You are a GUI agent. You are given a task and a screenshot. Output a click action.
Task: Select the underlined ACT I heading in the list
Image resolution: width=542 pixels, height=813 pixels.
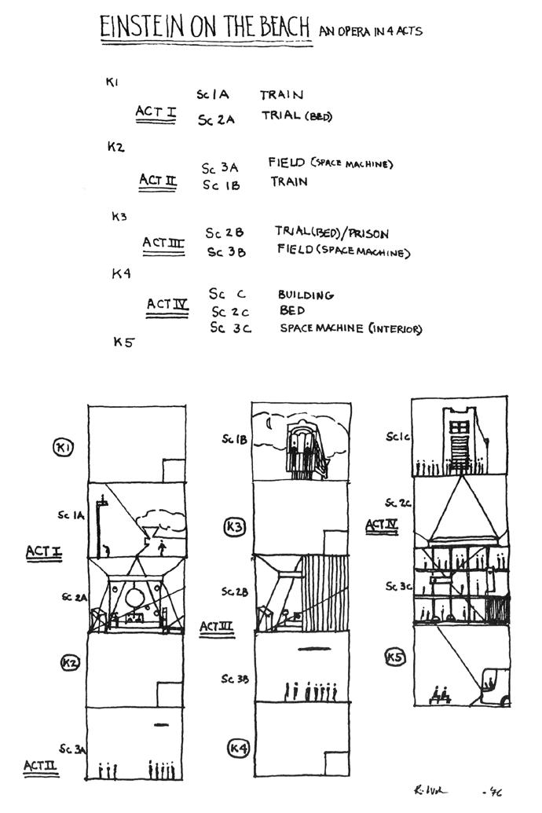[155, 112]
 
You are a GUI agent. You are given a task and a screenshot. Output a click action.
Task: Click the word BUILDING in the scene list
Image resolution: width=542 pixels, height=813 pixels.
[305, 295]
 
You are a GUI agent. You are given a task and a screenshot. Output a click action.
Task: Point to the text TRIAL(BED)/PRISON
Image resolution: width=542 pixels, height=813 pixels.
[331, 233]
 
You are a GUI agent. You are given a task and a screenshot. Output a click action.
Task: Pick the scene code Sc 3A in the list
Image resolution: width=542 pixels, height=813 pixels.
[219, 168]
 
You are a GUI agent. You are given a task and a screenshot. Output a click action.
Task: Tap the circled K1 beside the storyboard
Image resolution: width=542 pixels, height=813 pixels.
[63, 448]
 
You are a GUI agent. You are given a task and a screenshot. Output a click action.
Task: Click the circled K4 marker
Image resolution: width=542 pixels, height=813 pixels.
[238, 749]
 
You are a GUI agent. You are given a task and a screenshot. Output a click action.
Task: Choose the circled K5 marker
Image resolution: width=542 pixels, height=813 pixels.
[394, 656]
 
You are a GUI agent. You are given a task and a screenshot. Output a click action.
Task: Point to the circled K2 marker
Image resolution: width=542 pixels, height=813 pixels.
[70, 663]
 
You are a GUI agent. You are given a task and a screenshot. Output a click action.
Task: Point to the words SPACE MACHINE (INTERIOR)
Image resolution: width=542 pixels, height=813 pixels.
[350, 328]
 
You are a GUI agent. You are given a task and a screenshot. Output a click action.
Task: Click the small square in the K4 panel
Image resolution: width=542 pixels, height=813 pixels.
[336, 764]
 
